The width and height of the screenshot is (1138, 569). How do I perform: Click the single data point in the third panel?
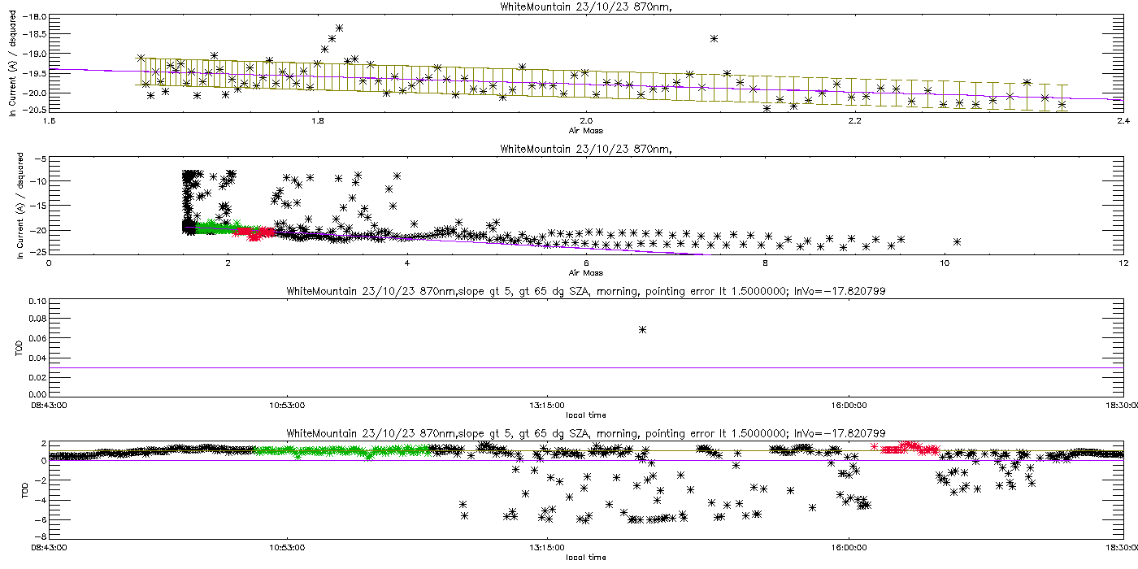tap(642, 329)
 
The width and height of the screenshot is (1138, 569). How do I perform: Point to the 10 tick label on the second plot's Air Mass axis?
tap(944, 263)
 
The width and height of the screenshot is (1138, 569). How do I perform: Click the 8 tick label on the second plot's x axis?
tap(765, 263)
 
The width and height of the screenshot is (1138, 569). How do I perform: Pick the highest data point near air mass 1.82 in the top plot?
tap(339, 28)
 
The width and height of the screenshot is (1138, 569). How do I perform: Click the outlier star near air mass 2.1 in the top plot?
tap(714, 38)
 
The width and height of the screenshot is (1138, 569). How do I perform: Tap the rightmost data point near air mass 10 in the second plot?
tap(957, 241)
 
